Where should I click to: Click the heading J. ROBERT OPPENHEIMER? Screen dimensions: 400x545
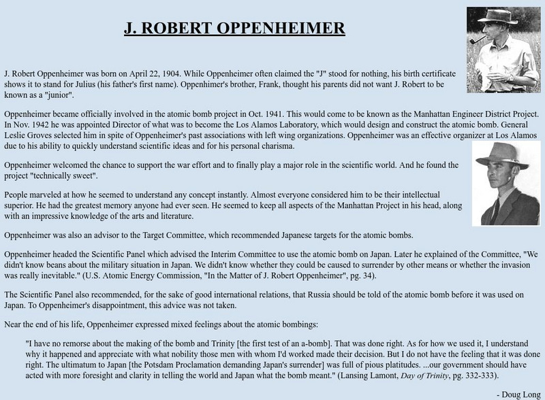point(234,29)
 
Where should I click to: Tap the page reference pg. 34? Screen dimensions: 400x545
point(350,277)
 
